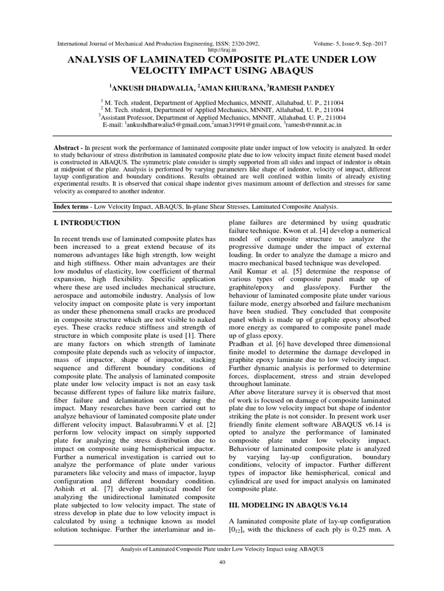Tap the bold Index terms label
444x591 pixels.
[73, 206]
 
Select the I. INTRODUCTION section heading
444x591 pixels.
[87, 223]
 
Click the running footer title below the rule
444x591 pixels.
[222, 549]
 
